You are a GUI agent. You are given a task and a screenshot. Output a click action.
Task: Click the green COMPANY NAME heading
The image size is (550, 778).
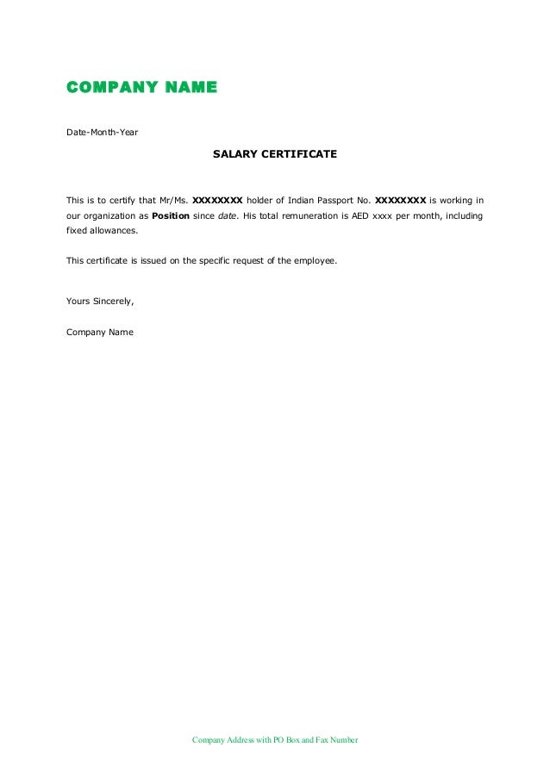(142, 87)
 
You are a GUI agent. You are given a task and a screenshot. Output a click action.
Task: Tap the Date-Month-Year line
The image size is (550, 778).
(102, 133)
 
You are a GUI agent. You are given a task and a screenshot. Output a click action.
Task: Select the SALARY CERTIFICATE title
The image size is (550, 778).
(275, 155)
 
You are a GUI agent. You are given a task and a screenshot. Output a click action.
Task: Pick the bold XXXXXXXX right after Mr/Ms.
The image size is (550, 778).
(217, 200)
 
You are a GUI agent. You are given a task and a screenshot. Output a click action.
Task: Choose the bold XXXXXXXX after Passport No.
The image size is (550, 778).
(400, 200)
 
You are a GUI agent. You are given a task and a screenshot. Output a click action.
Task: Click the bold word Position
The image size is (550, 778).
(171, 215)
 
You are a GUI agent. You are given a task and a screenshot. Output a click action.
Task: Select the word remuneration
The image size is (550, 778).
(307, 215)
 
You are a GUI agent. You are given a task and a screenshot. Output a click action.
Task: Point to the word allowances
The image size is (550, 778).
(114, 231)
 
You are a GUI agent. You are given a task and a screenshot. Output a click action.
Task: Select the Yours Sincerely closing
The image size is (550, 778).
(100, 301)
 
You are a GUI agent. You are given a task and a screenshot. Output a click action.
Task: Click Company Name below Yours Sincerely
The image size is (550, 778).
(100, 332)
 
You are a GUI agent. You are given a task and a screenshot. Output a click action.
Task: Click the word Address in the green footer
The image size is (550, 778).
(239, 740)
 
